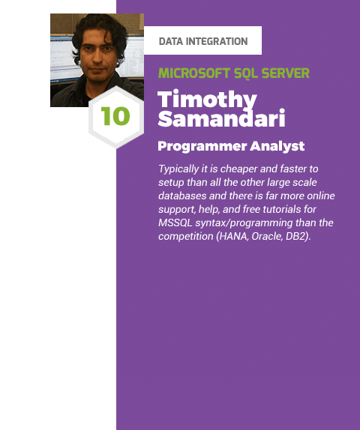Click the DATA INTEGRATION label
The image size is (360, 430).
(x=203, y=41)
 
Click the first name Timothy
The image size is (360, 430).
(x=208, y=100)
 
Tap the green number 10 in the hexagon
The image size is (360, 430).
(x=115, y=117)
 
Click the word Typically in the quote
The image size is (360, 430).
(x=180, y=169)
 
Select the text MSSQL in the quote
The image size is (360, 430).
(x=176, y=223)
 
